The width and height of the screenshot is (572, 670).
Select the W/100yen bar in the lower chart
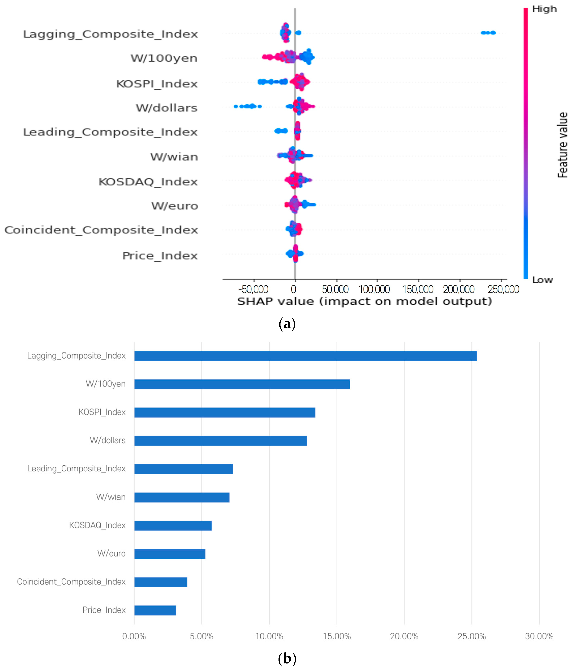click(242, 384)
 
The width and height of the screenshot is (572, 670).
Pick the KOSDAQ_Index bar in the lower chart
click(173, 525)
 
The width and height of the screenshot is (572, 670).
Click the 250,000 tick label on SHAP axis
click(503, 289)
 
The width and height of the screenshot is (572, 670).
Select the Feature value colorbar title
click(562, 145)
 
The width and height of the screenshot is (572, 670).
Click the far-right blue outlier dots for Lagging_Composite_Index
click(488, 33)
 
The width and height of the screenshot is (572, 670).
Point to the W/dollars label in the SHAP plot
click(166, 108)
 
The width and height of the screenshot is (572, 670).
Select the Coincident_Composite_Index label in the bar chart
click(71, 582)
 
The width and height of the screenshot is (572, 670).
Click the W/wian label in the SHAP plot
click(174, 157)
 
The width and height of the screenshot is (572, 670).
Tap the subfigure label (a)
click(287, 324)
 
